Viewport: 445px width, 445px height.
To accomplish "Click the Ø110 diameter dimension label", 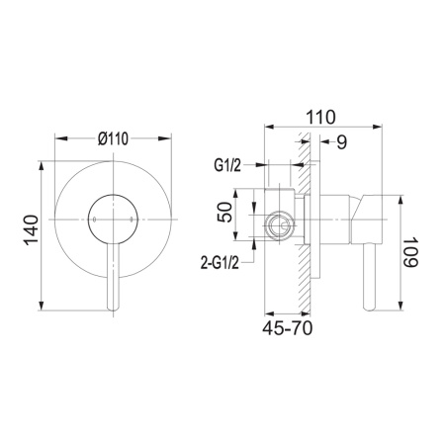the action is click(113, 138).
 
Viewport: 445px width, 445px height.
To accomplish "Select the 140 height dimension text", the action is click(32, 230).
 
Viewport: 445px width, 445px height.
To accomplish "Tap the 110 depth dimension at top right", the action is click(320, 117).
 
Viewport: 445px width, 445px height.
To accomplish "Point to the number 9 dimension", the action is click(342, 142).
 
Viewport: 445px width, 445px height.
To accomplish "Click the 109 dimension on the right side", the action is click(410, 252).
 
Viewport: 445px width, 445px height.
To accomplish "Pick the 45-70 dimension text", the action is click(287, 328).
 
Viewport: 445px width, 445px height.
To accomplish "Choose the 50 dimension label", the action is click(224, 213).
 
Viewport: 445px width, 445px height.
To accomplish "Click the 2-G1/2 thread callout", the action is click(220, 263).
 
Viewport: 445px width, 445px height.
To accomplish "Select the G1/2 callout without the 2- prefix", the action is click(227, 166).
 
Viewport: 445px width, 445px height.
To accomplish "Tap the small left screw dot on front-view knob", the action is click(94, 219).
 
